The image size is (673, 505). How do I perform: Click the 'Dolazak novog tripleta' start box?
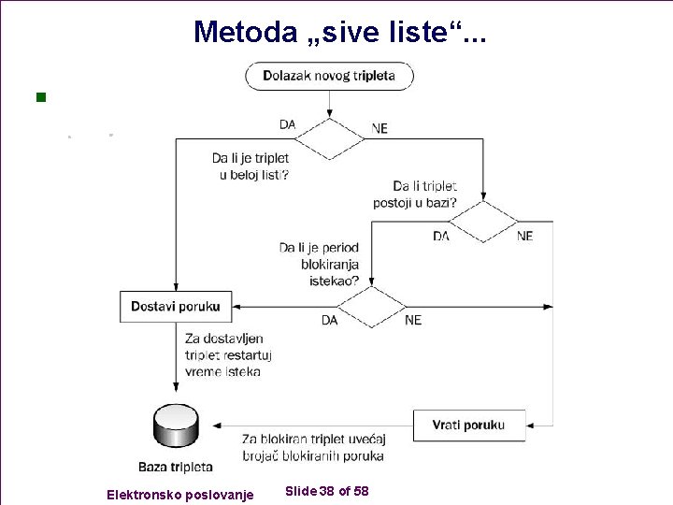click(329, 76)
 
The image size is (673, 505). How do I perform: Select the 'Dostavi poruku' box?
click(176, 306)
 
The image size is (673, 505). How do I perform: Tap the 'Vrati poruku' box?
click(468, 425)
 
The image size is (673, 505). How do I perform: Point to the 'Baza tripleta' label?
click(175, 467)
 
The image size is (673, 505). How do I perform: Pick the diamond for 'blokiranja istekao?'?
click(371, 306)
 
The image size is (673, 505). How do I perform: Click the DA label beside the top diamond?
click(288, 124)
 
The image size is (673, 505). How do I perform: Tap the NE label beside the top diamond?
click(379, 129)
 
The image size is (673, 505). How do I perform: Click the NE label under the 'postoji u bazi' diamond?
click(524, 237)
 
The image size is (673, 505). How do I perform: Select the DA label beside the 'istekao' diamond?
click(329, 320)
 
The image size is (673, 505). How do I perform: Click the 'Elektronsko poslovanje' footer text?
click(179, 494)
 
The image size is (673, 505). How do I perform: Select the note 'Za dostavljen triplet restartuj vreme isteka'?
click(223, 354)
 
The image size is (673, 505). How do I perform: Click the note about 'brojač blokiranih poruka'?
click(313, 447)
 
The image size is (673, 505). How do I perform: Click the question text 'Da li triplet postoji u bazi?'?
click(425, 194)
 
